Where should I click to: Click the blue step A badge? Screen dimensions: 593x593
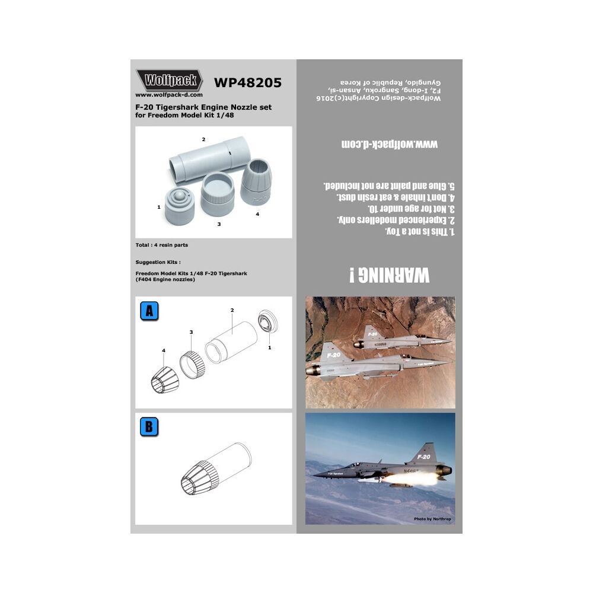click(148, 311)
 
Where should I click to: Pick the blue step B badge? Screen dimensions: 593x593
click(148, 427)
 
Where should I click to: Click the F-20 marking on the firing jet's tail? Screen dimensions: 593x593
click(423, 457)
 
